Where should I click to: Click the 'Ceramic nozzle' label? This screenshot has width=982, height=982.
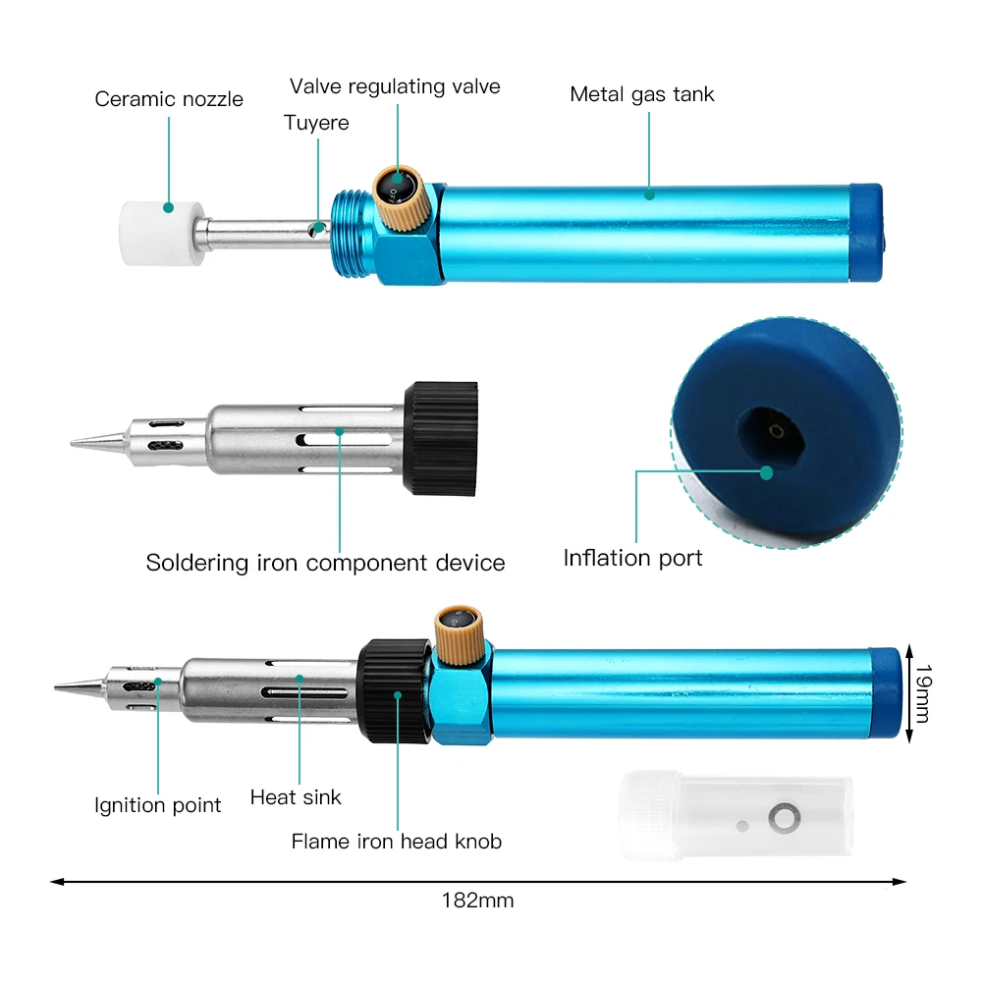tap(169, 99)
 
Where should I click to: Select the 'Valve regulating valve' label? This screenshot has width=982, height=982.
tap(395, 86)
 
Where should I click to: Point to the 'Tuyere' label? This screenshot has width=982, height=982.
tap(316, 123)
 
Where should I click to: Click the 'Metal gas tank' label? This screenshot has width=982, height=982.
tap(642, 94)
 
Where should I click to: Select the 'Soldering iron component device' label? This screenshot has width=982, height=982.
tap(325, 563)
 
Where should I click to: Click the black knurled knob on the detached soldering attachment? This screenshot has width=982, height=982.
tap(442, 437)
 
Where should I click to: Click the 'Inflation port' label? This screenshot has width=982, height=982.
tap(632, 558)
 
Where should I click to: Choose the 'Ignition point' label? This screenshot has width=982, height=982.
tap(157, 805)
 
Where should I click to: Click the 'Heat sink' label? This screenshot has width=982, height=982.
tap(296, 796)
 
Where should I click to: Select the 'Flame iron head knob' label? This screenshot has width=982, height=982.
tap(396, 842)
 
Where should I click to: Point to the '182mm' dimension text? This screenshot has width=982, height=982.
tap(477, 900)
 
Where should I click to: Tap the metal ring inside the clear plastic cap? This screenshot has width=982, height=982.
tap(784, 816)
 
